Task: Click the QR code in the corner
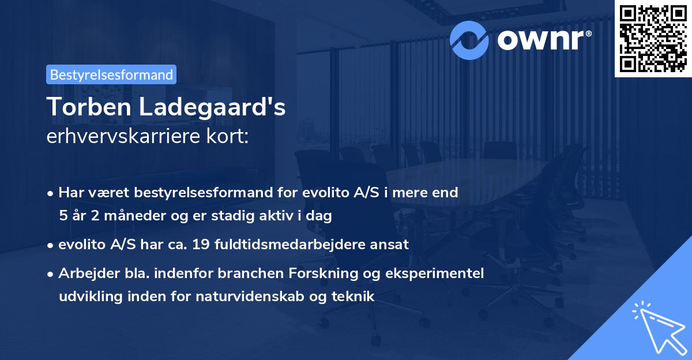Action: [653, 39]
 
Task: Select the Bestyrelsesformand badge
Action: [111, 74]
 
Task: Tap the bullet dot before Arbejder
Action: [51, 273]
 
